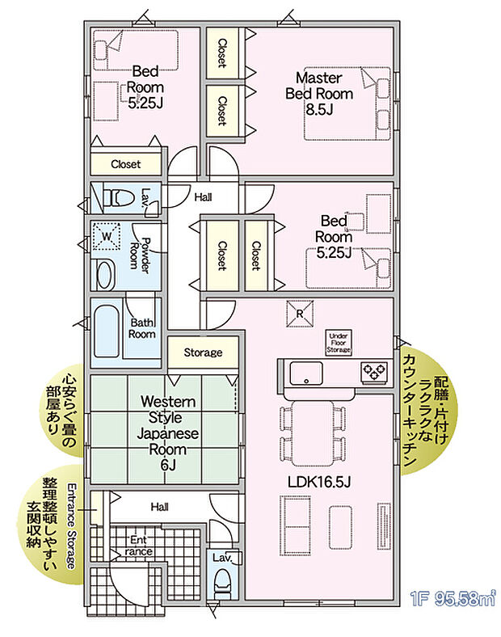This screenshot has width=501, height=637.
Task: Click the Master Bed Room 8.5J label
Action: pyautogui.click(x=319, y=94)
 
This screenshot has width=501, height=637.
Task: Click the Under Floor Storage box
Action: pyautogui.click(x=339, y=342)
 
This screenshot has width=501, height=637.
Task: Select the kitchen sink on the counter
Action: pyautogui.click(x=306, y=373)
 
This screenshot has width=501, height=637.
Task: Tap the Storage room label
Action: pyautogui.click(x=202, y=353)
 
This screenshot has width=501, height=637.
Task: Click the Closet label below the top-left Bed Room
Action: pyautogui.click(x=125, y=164)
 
